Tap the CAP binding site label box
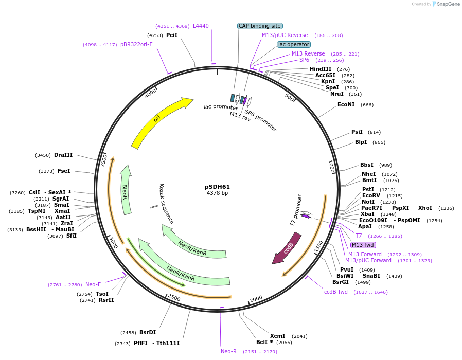point(260,26)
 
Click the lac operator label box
point(293,44)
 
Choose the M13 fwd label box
point(363,245)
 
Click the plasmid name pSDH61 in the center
point(217,187)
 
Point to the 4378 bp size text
point(217,193)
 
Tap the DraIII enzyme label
point(63,155)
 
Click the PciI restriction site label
point(172,35)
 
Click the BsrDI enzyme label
point(148,332)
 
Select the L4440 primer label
point(201,26)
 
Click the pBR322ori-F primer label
point(136,44)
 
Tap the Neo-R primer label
point(228,351)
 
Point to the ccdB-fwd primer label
point(335,292)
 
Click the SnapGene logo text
point(447,4)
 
